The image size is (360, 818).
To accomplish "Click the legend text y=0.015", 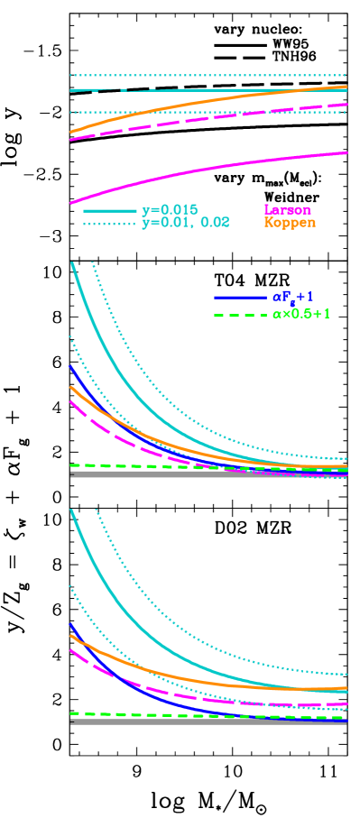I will [170, 210].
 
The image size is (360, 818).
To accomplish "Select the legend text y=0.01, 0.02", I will [186, 223].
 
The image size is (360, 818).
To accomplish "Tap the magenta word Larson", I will [287, 210].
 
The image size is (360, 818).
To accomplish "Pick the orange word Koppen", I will [290, 223].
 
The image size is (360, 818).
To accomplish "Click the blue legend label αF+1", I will [292, 297].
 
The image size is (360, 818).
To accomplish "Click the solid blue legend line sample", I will [240, 297].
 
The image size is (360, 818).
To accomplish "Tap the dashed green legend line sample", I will [240, 316].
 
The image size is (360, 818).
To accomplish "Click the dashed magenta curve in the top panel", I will [208, 118].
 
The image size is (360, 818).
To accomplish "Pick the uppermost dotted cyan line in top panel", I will [208, 76].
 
